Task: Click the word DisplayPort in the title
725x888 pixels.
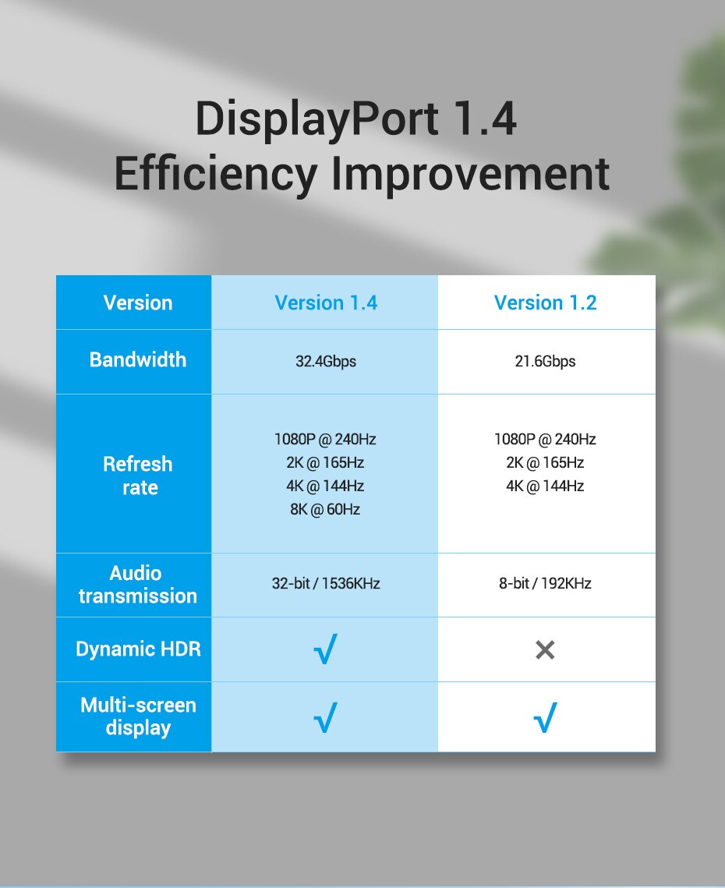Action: [317, 120]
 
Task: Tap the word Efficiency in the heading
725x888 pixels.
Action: [216, 174]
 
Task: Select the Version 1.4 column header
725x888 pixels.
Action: [326, 303]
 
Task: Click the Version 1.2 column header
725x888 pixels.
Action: [546, 303]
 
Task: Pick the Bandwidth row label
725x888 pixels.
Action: [138, 359]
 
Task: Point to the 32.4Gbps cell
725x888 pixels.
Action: [326, 361]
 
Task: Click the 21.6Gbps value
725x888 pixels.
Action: [545, 361]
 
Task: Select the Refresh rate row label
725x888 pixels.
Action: [138, 476]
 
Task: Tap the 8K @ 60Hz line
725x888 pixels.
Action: [325, 510]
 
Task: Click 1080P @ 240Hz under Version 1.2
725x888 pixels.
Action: [545, 440]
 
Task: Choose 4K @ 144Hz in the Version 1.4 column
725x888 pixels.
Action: [325, 486]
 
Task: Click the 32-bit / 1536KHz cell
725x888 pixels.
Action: [326, 583]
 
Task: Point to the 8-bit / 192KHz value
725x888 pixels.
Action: [545, 583]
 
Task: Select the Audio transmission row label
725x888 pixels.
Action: [138, 585]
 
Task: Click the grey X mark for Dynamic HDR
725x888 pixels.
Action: [545, 650]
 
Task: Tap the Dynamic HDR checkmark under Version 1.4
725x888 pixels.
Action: [325, 649]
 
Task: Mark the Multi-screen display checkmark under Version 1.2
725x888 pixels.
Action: [545, 717]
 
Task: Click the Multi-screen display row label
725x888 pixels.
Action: [138, 717]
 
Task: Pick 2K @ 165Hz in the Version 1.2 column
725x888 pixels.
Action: [545, 462]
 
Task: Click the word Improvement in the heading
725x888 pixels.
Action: [470, 174]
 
